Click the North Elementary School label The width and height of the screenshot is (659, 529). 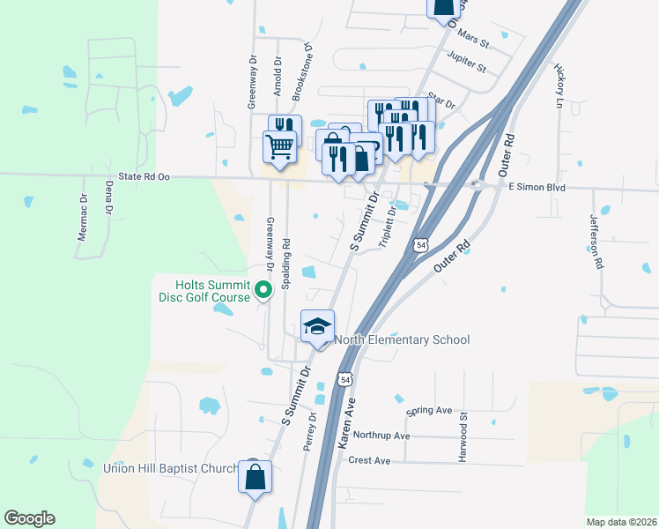402,339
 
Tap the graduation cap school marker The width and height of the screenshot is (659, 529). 317,327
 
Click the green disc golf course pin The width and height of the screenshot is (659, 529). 262,289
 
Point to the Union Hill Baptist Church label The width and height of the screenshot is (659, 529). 171,468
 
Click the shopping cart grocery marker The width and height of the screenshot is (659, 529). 280,146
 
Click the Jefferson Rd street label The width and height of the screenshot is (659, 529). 597,245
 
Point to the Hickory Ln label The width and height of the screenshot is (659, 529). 559,86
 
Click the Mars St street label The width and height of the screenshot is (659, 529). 473,41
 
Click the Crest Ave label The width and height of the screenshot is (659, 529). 369,460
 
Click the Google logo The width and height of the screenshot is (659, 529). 29,518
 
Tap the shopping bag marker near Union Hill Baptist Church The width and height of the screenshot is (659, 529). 255,477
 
